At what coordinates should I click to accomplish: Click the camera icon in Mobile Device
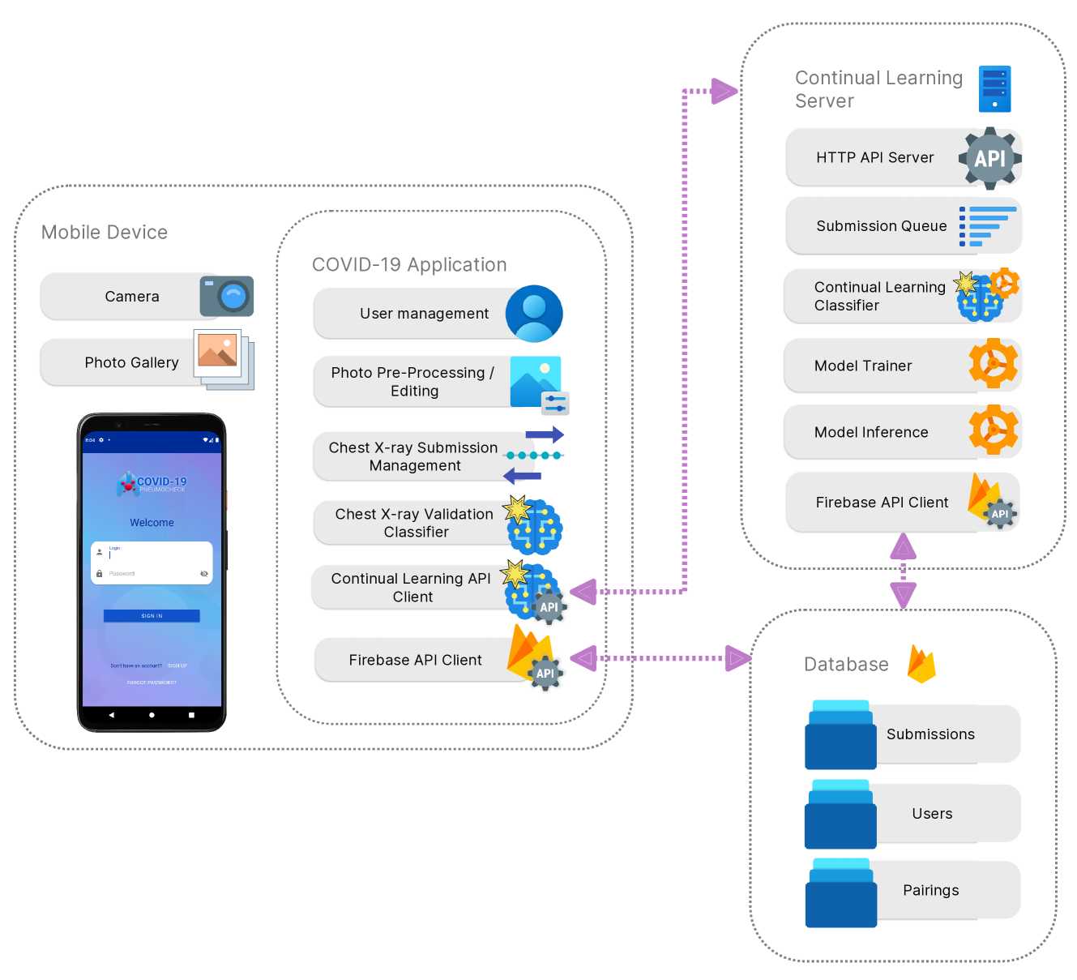point(227,296)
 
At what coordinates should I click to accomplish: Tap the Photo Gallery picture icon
point(223,358)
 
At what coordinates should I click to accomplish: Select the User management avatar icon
point(534,314)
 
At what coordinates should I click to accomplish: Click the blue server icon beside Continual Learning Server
point(994,89)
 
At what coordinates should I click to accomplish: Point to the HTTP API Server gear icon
point(989,158)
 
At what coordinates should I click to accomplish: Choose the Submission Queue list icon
point(987,226)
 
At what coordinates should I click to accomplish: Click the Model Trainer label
point(863,366)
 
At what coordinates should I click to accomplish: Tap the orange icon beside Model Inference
point(994,430)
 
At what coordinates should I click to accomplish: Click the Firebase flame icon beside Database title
point(921,665)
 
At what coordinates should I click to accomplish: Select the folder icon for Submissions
point(840,735)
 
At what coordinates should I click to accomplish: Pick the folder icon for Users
point(840,815)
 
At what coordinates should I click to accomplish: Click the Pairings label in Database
point(930,890)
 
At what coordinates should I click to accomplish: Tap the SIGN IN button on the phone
point(152,616)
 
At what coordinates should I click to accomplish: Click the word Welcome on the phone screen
point(152,523)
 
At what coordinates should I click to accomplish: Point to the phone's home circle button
point(152,715)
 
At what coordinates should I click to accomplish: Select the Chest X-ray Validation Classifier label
point(415,523)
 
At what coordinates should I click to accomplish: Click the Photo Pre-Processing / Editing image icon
point(538,382)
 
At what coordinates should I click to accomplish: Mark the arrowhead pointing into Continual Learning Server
point(724,91)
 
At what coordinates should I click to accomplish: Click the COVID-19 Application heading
point(409,265)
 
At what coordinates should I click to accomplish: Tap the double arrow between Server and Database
point(903,571)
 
